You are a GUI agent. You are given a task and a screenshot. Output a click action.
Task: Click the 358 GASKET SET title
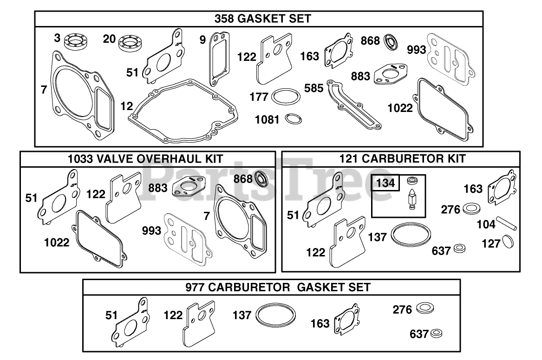click(263, 18)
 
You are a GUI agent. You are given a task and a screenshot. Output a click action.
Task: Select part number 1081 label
click(267, 120)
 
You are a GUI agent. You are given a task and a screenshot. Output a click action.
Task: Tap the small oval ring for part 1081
click(294, 119)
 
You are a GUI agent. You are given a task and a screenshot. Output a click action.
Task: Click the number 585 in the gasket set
click(314, 88)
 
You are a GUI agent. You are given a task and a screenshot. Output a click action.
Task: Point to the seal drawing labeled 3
click(76, 41)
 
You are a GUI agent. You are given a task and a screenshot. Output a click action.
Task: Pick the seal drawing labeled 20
click(131, 43)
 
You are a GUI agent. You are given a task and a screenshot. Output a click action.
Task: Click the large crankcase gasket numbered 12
click(183, 111)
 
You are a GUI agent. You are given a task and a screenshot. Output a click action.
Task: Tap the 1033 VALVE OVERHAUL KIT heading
click(145, 159)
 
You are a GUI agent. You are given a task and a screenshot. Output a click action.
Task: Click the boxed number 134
click(385, 183)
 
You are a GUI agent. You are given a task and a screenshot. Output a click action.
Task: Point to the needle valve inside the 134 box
click(411, 199)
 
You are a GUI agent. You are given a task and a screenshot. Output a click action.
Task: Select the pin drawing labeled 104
click(507, 223)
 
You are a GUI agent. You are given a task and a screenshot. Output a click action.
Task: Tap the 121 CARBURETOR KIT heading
click(402, 159)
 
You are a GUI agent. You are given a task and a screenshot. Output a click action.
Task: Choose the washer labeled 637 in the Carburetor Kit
click(459, 248)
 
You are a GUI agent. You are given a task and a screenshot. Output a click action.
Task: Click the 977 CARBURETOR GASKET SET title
click(278, 288)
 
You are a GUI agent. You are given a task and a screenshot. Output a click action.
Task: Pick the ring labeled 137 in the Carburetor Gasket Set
click(276, 316)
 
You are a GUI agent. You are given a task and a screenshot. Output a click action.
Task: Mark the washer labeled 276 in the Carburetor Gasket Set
click(425, 308)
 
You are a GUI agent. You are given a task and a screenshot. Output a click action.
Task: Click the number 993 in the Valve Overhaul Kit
click(151, 231)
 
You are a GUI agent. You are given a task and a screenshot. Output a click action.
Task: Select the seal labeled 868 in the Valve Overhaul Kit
click(261, 178)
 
